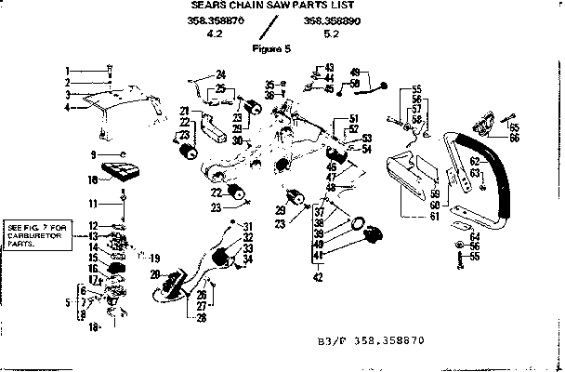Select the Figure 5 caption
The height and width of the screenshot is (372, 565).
(x=273, y=48)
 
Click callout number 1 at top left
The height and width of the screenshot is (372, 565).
(x=68, y=71)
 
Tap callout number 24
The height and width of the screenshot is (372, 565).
(x=221, y=73)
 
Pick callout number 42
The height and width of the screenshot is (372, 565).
(x=319, y=277)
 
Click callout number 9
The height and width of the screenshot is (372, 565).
(x=94, y=154)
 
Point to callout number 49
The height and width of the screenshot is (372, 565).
(x=355, y=73)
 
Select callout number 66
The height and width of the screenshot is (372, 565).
(x=514, y=137)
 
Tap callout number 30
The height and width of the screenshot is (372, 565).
(x=239, y=140)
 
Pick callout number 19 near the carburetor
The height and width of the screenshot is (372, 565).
(x=154, y=258)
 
